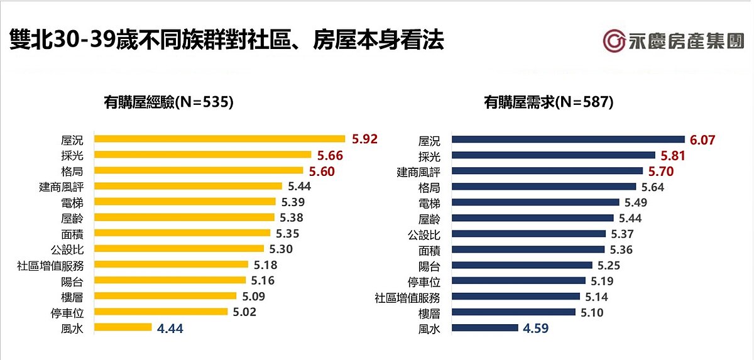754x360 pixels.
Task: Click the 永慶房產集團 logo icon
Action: point(614,41)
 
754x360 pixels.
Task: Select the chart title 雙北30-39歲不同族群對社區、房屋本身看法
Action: point(227,41)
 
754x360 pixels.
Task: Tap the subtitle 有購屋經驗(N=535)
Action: point(169,102)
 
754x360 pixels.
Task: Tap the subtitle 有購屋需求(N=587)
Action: point(548,102)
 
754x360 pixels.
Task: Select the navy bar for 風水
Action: point(485,327)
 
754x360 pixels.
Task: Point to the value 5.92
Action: point(365,139)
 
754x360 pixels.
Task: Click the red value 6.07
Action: point(703,139)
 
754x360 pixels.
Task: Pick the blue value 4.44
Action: point(171,327)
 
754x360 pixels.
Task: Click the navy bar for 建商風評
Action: point(547,171)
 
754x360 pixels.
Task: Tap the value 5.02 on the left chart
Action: point(244,312)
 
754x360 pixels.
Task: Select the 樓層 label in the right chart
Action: point(430,312)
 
